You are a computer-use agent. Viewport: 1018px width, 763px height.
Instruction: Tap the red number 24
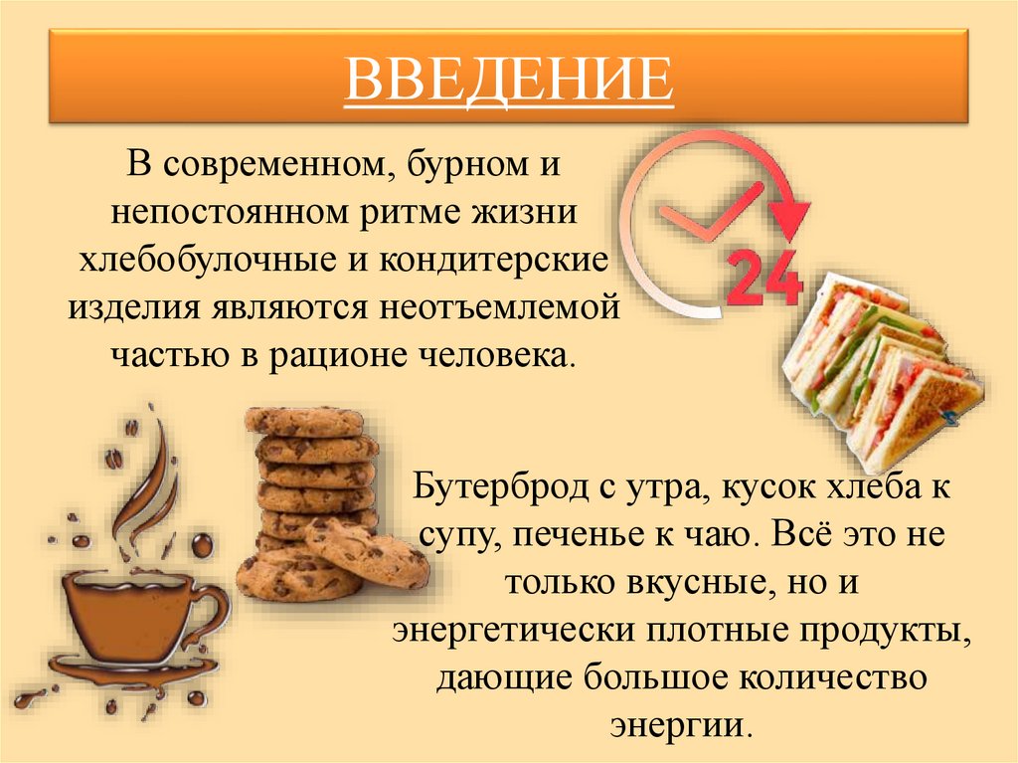[764, 276]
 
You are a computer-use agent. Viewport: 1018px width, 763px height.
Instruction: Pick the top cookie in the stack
[305, 421]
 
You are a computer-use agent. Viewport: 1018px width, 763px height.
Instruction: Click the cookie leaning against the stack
[367, 553]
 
